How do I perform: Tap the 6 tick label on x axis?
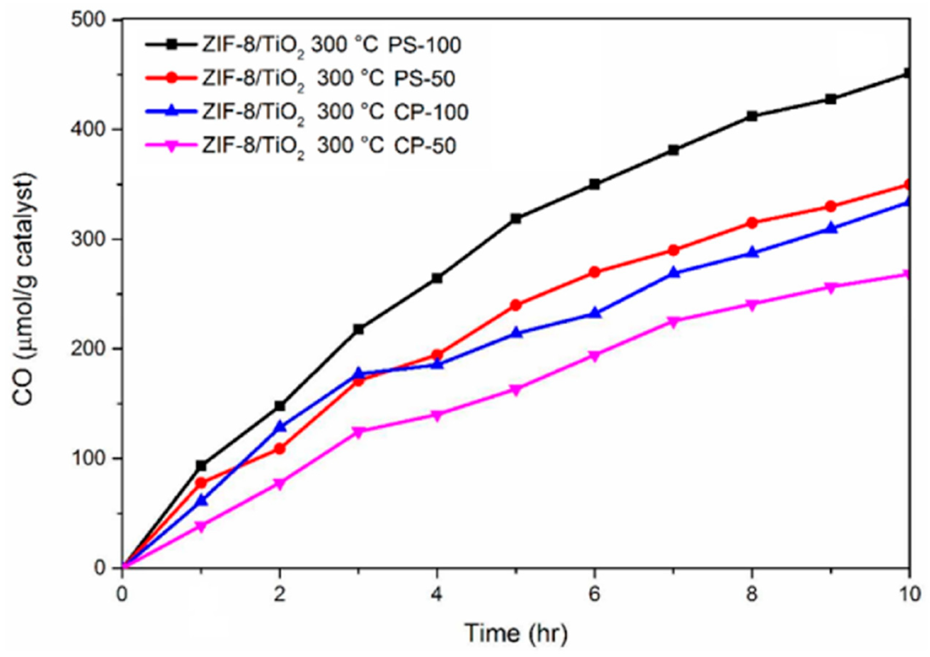(594, 595)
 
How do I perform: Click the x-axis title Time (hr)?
(516, 633)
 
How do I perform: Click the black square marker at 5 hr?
(516, 219)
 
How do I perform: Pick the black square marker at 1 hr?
(201, 466)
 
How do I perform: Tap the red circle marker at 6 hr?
(594, 272)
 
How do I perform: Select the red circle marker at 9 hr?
(830, 207)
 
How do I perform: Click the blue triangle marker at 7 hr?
(673, 273)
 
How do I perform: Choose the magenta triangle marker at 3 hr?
(358, 432)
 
